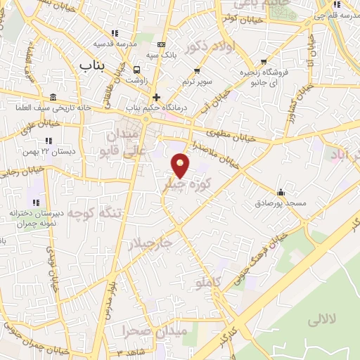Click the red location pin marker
click(x=181, y=165)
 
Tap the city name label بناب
click(x=91, y=65)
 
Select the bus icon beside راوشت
click(x=136, y=70)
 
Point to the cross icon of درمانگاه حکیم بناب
click(x=156, y=97)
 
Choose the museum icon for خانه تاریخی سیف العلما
click(x=54, y=97)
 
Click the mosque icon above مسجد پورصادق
click(x=281, y=192)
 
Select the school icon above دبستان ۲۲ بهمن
click(x=49, y=141)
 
